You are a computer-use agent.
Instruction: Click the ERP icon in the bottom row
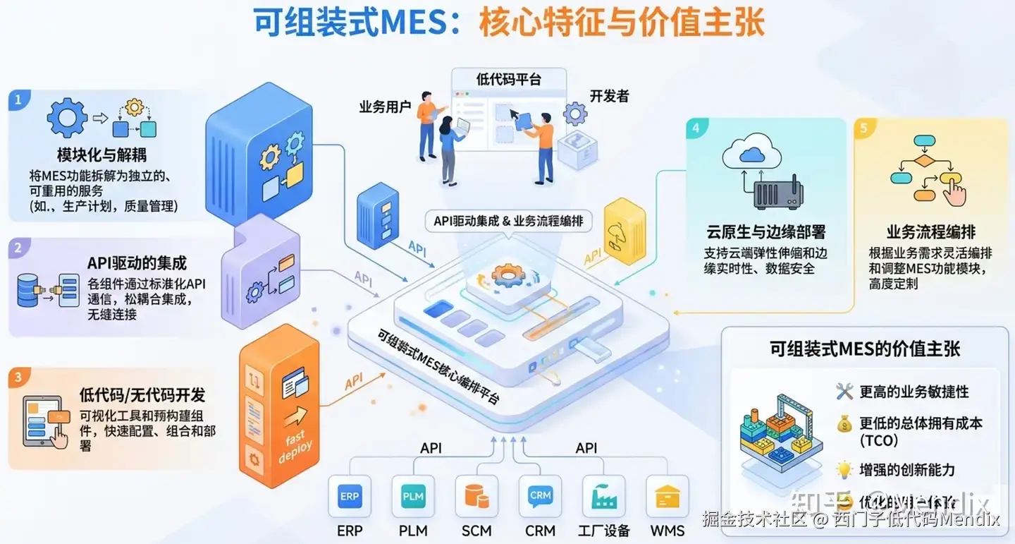click(x=350, y=497)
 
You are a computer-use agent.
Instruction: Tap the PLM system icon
click(x=413, y=497)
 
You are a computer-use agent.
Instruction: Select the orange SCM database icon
click(x=476, y=497)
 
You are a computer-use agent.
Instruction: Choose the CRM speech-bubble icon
click(x=540, y=496)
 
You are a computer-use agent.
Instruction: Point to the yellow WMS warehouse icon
click(x=667, y=497)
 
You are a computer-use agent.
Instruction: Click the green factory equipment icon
click(x=603, y=497)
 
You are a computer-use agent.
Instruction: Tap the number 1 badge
click(x=18, y=99)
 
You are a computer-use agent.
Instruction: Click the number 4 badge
click(x=696, y=128)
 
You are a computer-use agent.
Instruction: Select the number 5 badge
click(x=864, y=128)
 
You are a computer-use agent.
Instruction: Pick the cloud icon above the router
click(x=753, y=151)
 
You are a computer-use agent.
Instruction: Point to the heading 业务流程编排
click(x=930, y=232)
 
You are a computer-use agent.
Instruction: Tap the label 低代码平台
click(x=509, y=78)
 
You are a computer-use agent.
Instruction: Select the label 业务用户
click(x=385, y=107)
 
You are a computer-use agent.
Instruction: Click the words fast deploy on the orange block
click(x=295, y=446)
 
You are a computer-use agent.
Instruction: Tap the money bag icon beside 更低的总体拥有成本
click(x=844, y=424)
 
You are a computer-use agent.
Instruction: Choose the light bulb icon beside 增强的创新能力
click(x=844, y=469)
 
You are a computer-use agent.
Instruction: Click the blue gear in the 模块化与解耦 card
click(x=68, y=118)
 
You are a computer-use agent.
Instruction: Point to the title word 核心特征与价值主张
click(x=621, y=23)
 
